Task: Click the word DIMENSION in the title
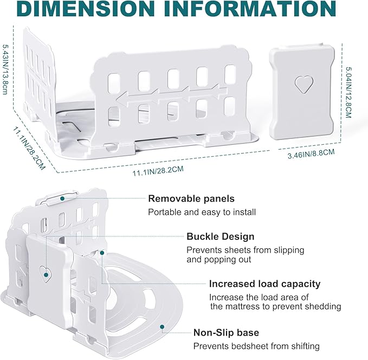pyautogui.click(x=85, y=9)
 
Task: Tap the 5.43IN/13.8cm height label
pyautogui.click(x=5, y=69)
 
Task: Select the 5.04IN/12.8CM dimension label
pyautogui.click(x=348, y=92)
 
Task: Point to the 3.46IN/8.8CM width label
pyautogui.click(x=311, y=154)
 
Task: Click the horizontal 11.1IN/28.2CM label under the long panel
pyautogui.click(x=158, y=171)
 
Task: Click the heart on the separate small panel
pyautogui.click(x=304, y=85)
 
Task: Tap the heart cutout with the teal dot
pyautogui.click(x=46, y=274)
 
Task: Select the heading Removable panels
pyautogui.click(x=191, y=198)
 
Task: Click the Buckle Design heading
pyautogui.click(x=221, y=236)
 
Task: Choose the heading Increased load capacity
pyautogui.click(x=264, y=284)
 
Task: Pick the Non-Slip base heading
pyautogui.click(x=226, y=332)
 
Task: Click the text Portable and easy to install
pyautogui.click(x=202, y=213)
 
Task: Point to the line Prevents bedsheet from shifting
pyautogui.click(x=256, y=346)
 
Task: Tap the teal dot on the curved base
pyautogui.click(x=162, y=326)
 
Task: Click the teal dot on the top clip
pyautogui.click(x=62, y=198)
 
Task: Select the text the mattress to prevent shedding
pyautogui.click(x=275, y=306)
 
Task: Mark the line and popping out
pyautogui.click(x=219, y=260)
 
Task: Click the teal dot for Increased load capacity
pyautogui.click(x=102, y=253)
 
